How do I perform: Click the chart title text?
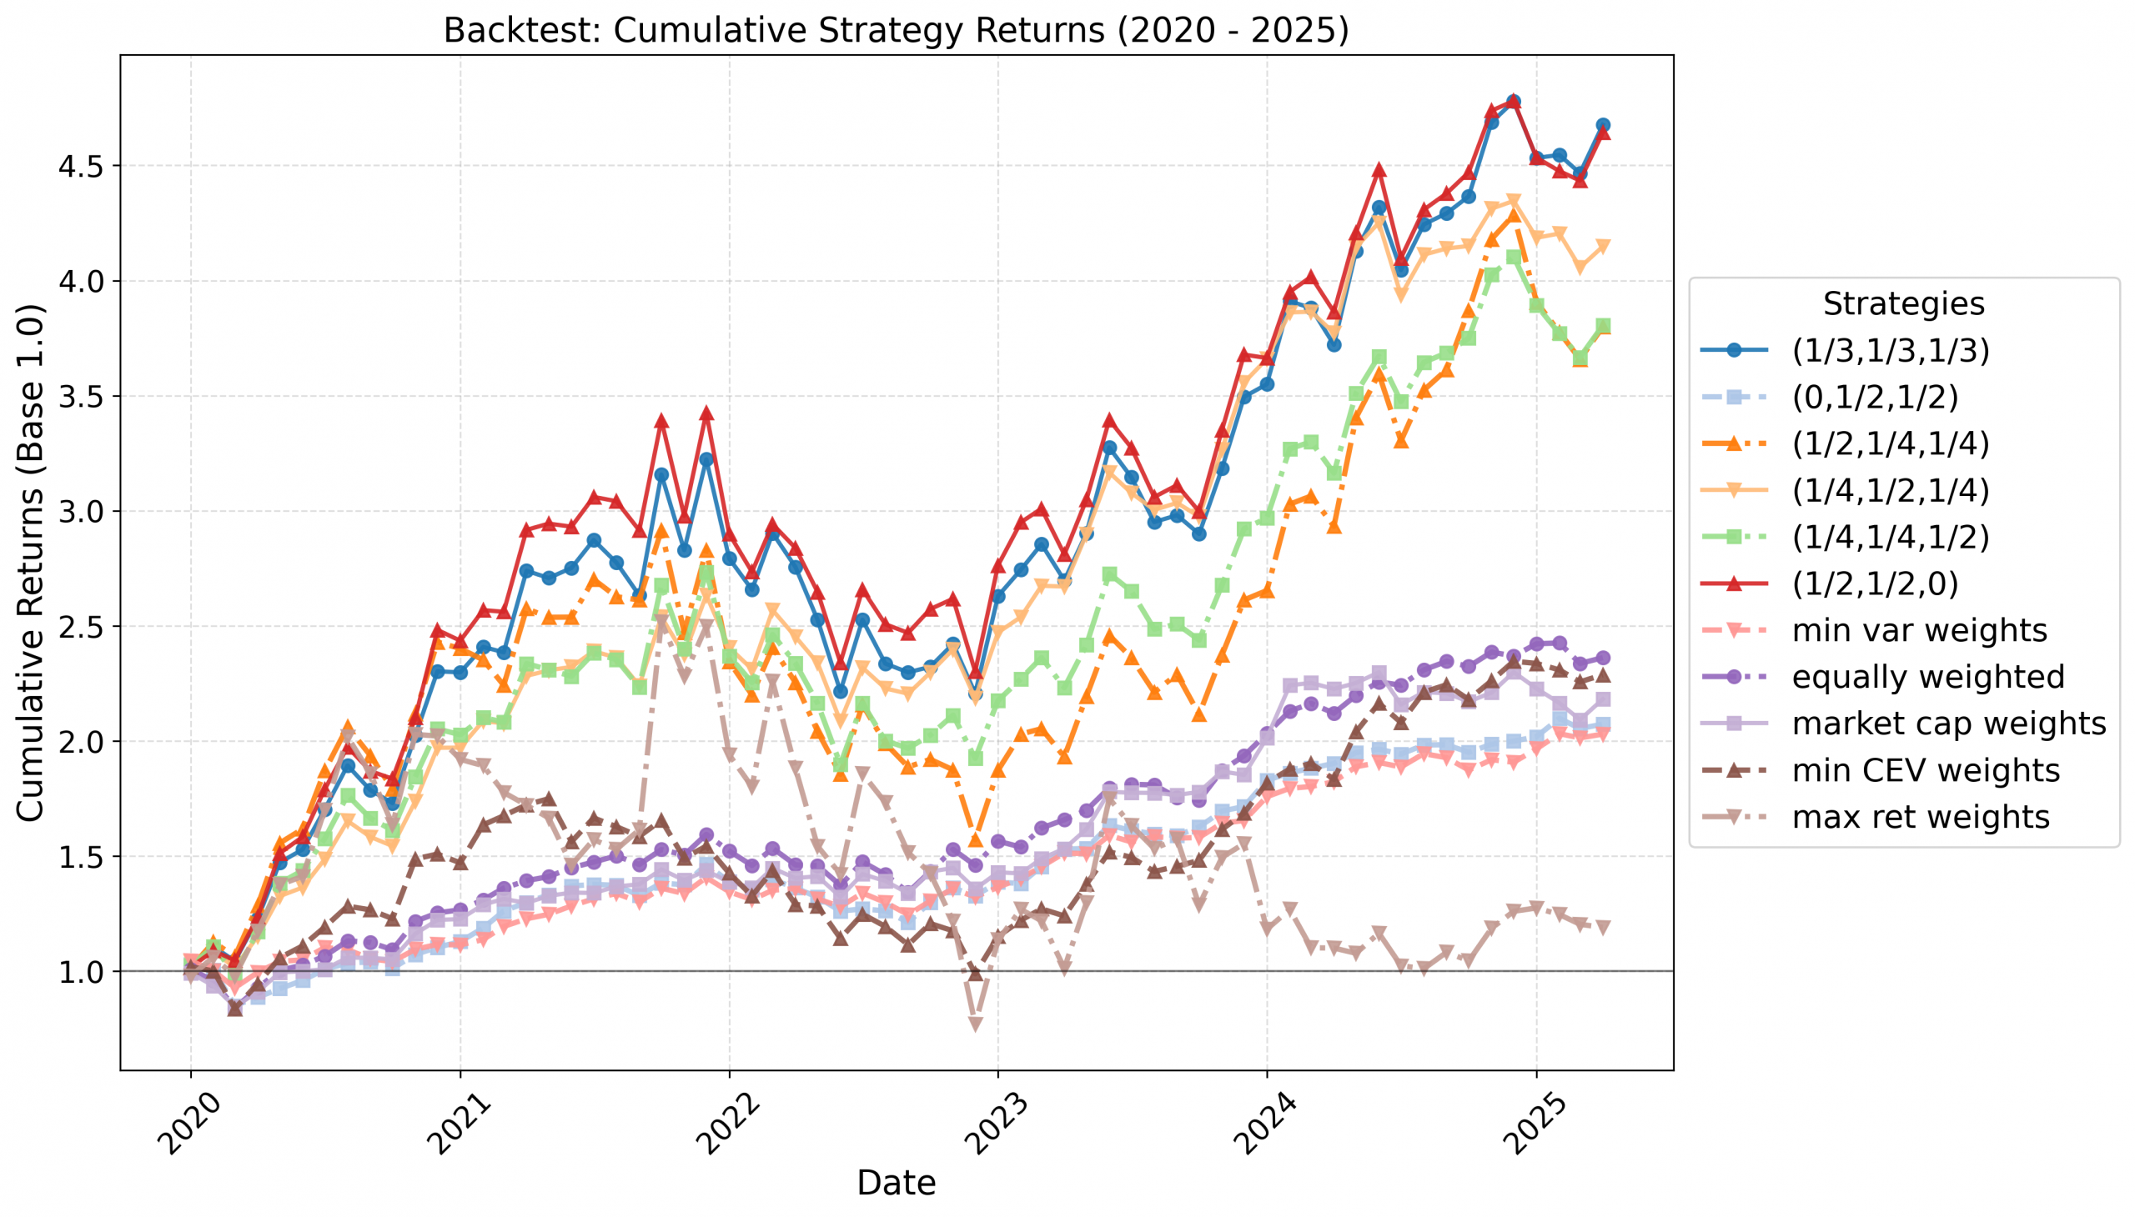point(896,30)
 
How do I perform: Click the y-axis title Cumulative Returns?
point(30,563)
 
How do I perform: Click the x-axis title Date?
point(896,1183)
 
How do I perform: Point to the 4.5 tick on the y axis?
point(80,167)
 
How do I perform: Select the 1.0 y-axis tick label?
point(80,972)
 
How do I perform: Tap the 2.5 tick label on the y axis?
point(80,627)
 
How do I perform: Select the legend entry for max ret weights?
point(1920,817)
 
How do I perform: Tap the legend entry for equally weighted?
point(1927,677)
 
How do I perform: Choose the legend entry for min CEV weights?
point(1925,771)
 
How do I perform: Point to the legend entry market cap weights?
point(1948,724)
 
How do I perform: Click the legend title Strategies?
point(1903,303)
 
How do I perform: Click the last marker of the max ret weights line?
point(1603,927)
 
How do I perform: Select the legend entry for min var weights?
point(1919,630)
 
